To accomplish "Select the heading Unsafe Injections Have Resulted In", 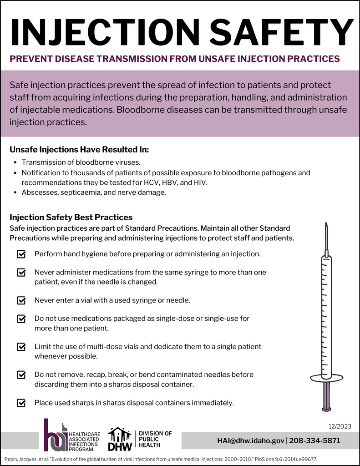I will (x=79, y=149).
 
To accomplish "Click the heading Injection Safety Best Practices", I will (x=71, y=217).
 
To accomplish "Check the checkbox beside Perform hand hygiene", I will (x=21, y=254).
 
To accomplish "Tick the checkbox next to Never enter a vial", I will (x=21, y=300).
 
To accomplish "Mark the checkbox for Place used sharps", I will (x=21, y=403).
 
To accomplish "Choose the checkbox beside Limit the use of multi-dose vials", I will (x=21, y=347).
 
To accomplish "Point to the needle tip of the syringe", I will (x=326, y=226).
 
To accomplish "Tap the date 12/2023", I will (x=340, y=426).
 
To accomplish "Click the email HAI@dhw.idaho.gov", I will (x=251, y=441).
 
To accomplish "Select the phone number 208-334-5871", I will (x=314, y=441).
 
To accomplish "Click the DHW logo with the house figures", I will (x=120, y=439).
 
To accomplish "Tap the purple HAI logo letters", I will (x=55, y=436).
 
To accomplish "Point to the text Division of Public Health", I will (x=155, y=439).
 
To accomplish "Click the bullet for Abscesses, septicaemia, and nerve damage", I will (x=16, y=192).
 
